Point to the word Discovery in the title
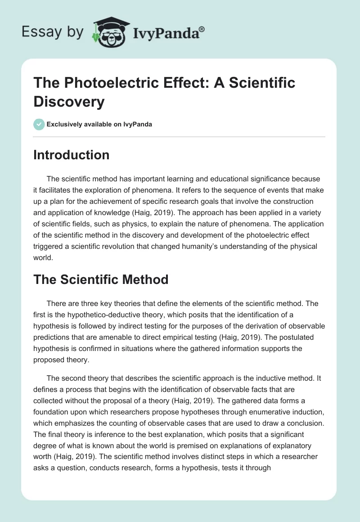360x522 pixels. tap(69, 101)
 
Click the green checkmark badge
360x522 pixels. tap(39, 124)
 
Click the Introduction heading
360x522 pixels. tap(72, 155)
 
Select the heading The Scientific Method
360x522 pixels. tap(101, 279)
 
